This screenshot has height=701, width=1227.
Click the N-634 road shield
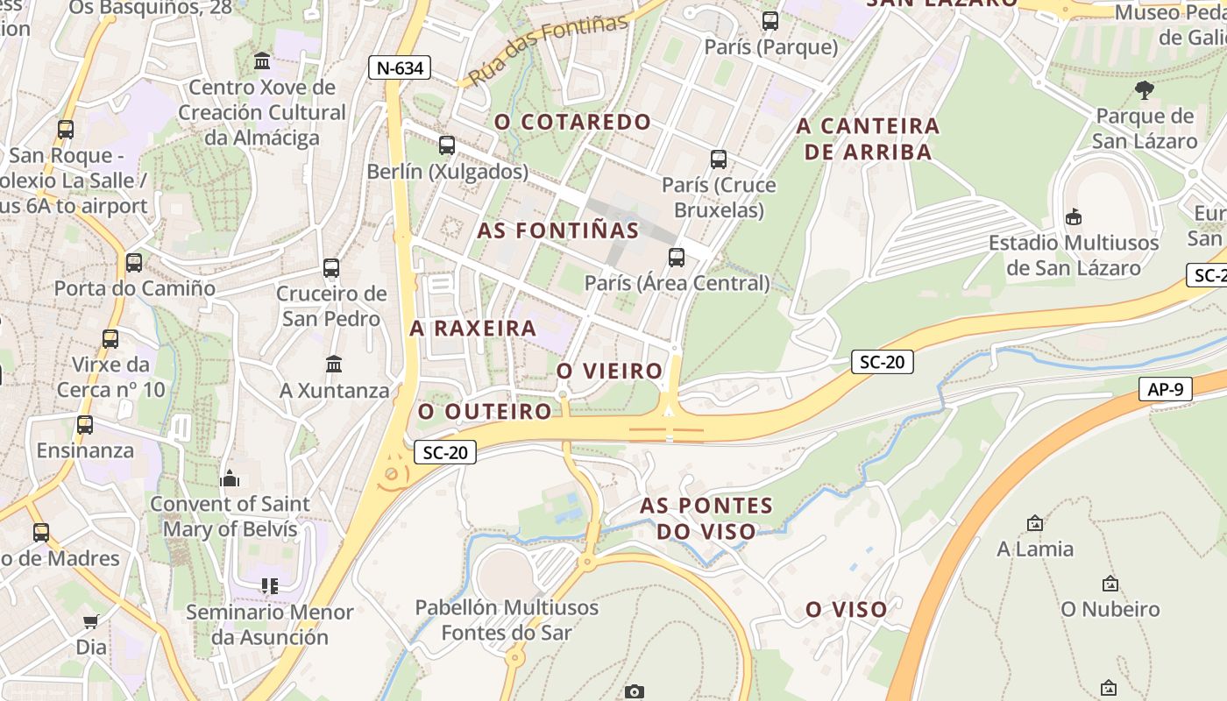coord(400,68)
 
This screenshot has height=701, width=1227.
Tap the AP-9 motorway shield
coord(1166,389)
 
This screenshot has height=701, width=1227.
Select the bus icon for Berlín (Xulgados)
coord(447,145)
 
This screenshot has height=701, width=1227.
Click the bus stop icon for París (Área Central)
coord(677,258)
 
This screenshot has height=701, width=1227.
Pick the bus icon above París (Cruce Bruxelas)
coord(719,159)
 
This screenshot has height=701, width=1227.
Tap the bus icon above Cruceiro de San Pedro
coord(331,268)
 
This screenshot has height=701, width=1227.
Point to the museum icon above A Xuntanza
coord(334,364)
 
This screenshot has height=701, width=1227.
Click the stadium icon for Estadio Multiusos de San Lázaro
coord(1073,216)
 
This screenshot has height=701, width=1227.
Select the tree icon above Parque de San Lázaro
coord(1145,89)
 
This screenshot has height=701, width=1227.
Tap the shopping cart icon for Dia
coord(91,622)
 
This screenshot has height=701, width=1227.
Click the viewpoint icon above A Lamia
coord(1035,523)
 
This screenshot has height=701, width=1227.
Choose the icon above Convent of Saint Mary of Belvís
coord(231,478)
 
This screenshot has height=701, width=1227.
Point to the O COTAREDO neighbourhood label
coord(573,122)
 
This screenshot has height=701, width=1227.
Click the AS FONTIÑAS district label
coord(558,230)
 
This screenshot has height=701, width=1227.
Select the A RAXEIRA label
coord(473,329)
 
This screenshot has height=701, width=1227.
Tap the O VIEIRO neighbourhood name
coord(610,371)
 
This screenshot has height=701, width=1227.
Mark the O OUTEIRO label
coord(485,411)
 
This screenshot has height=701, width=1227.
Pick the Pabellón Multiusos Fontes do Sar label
coord(507,620)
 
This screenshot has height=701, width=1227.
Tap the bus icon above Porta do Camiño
coord(134,263)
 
